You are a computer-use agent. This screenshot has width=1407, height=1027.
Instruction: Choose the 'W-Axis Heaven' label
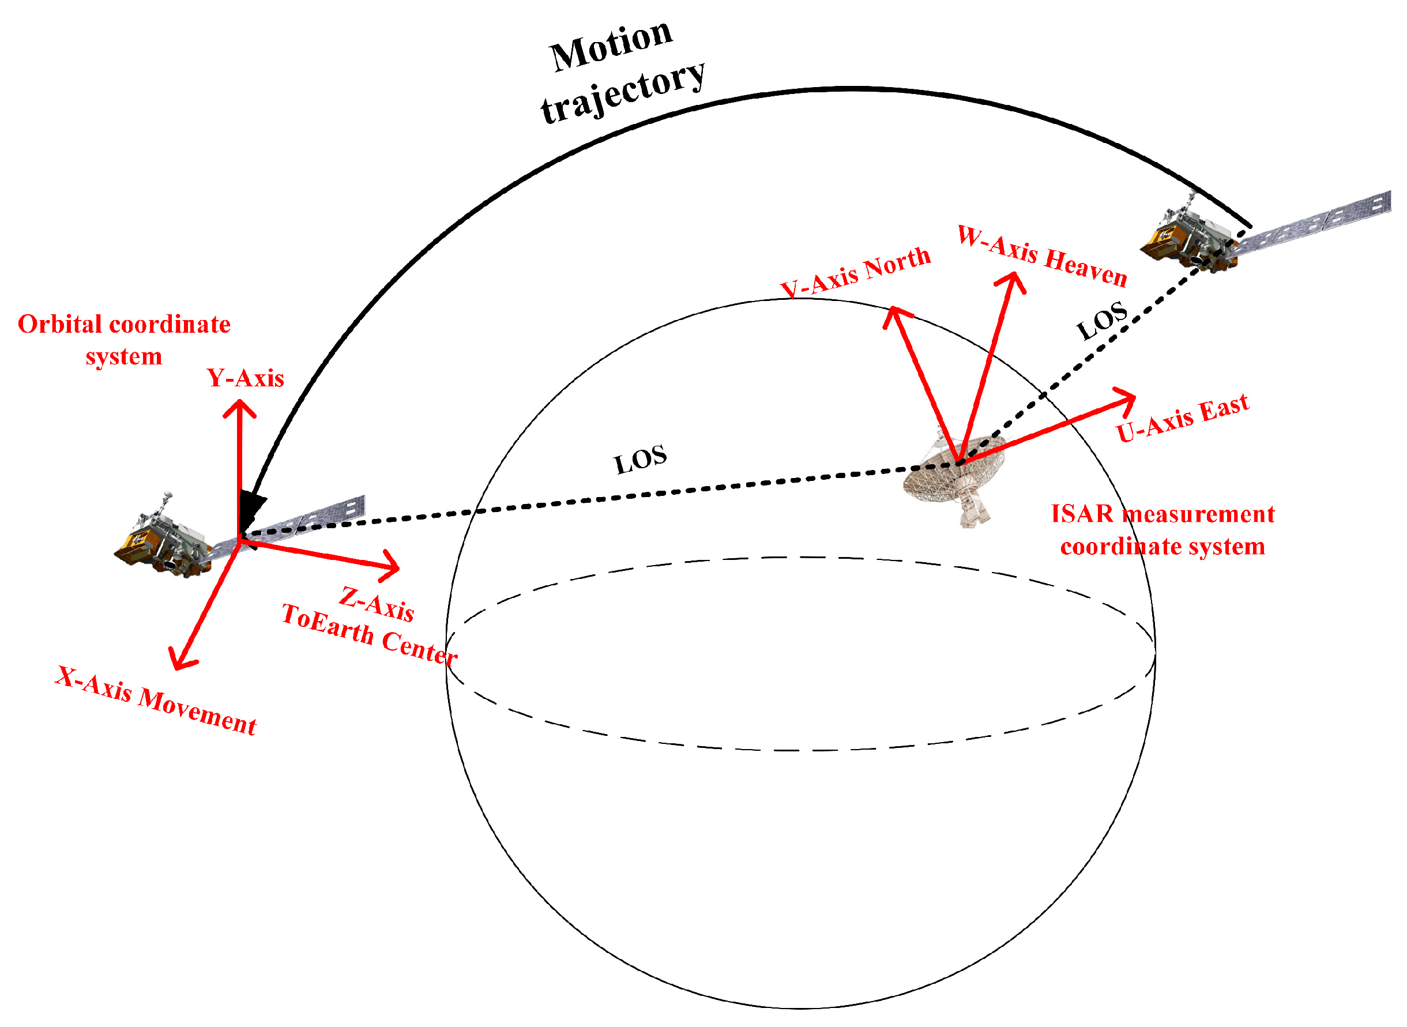1041,255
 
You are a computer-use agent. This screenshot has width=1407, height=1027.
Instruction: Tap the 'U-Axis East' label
1182,417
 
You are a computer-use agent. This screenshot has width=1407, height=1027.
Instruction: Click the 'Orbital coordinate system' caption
124,340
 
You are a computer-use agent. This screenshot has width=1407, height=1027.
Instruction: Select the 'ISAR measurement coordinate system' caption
1162,531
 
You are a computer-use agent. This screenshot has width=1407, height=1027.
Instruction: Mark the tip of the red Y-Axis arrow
239,403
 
